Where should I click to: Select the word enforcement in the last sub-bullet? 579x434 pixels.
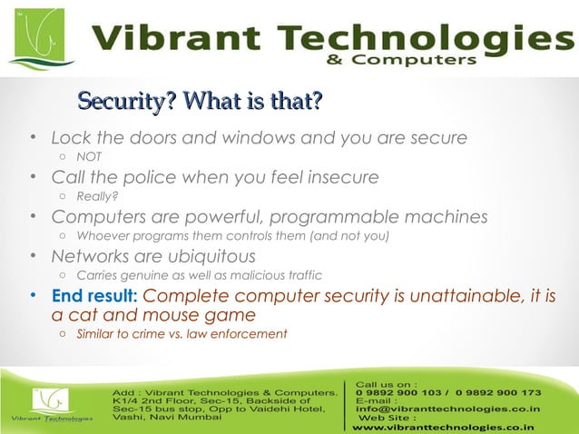[253, 334]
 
